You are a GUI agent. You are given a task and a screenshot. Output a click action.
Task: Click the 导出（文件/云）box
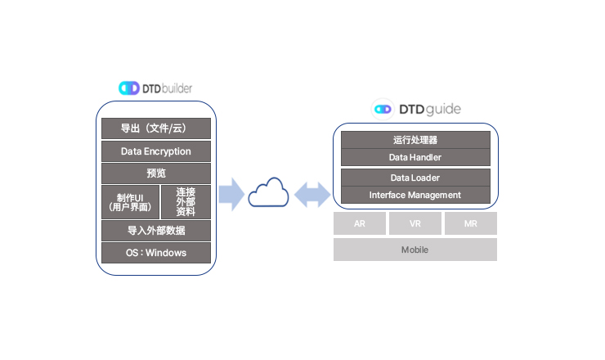[x=155, y=128]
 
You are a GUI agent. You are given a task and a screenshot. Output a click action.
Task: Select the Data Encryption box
[x=155, y=151]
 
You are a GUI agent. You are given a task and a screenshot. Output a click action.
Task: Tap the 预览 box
[x=155, y=173]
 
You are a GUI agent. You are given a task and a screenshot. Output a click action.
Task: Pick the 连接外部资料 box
[x=186, y=201]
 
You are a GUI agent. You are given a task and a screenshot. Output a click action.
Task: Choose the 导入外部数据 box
[x=155, y=230]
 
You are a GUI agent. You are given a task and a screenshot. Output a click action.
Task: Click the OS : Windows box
[x=155, y=253]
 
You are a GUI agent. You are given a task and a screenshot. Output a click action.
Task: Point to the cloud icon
[x=270, y=195]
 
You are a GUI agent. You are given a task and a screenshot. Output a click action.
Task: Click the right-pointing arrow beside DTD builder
[x=232, y=195]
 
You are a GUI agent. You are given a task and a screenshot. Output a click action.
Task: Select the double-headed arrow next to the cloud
[x=311, y=195]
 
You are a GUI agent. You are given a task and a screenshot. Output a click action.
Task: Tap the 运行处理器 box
[x=415, y=140]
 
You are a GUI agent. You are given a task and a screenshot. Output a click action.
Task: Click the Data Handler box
[x=415, y=157]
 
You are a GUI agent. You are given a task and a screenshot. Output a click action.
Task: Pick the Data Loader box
[x=415, y=178]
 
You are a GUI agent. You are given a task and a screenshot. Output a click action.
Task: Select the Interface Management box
[x=415, y=195]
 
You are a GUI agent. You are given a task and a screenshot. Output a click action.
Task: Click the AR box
[x=360, y=223]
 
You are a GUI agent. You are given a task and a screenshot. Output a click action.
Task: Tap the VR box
[x=415, y=223]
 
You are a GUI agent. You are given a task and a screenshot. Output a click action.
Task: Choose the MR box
[x=470, y=223]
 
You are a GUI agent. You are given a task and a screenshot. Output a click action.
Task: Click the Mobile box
[x=415, y=250]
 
